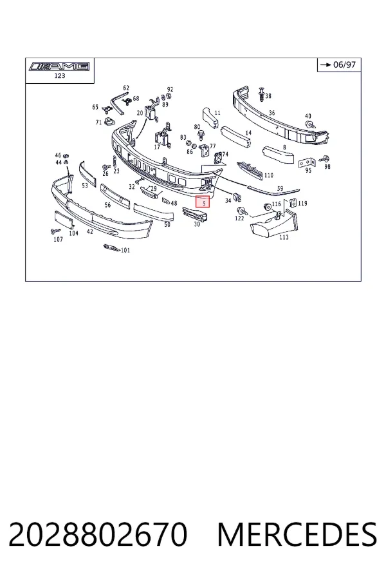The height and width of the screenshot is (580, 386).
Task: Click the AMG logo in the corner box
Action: (x=59, y=66)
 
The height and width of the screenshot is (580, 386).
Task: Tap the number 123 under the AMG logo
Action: (x=59, y=76)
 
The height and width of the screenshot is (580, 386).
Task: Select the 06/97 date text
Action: (x=344, y=64)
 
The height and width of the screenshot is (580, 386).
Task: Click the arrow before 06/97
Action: (x=326, y=64)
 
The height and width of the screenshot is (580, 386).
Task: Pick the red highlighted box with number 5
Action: (x=203, y=202)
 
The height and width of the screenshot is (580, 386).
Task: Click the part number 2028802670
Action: (x=98, y=534)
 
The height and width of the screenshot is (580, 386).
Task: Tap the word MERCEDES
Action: (x=297, y=534)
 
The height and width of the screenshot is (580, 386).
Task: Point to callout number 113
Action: (x=284, y=237)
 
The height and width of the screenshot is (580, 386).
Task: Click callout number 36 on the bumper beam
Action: (x=272, y=113)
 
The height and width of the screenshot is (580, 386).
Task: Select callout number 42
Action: (x=90, y=231)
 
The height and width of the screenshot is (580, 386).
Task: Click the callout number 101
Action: (x=125, y=251)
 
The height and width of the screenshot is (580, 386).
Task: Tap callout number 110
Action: (x=268, y=175)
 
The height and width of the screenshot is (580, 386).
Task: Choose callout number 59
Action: (x=280, y=189)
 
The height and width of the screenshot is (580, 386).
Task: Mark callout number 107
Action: (x=59, y=239)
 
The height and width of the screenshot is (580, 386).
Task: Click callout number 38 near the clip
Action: (x=268, y=96)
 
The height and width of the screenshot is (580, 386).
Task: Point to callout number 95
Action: (x=308, y=171)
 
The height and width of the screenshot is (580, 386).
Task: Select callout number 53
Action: (x=85, y=186)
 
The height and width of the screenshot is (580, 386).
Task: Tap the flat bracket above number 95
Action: (x=306, y=162)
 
